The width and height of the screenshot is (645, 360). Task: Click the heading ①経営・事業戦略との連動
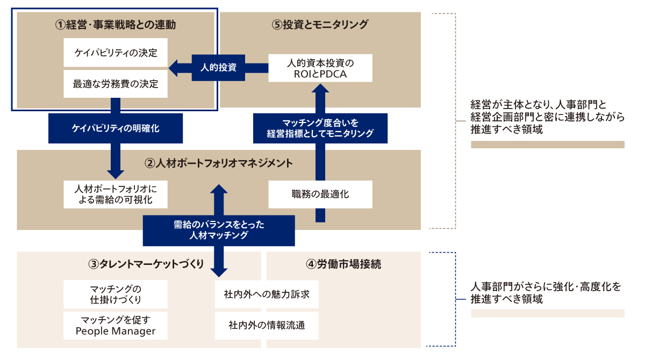pyautogui.click(x=116, y=24)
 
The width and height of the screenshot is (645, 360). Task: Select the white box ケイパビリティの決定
pyautogui.click(x=116, y=53)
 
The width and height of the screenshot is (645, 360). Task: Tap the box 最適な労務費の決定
pyautogui.click(x=116, y=84)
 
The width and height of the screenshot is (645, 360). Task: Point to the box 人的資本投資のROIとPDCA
pyautogui.click(x=321, y=68)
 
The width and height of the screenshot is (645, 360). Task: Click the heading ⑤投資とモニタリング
pyautogui.click(x=320, y=24)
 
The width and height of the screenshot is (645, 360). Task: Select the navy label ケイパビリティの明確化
pyautogui.click(x=116, y=128)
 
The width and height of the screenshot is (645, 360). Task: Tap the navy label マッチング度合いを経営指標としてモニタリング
pyautogui.click(x=320, y=128)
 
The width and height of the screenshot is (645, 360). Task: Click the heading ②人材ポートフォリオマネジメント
pyautogui.click(x=218, y=162)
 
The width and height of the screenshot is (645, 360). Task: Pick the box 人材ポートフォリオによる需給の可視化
pyautogui.click(x=116, y=194)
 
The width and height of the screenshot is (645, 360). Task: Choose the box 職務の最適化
pyautogui.click(x=320, y=194)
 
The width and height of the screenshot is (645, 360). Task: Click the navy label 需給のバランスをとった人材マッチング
pyautogui.click(x=218, y=230)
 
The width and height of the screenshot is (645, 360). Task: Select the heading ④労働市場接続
pyautogui.click(x=344, y=264)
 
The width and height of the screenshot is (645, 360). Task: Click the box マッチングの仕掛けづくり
pyautogui.click(x=116, y=294)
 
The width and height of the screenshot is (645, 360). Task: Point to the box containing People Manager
pyautogui.click(x=116, y=325)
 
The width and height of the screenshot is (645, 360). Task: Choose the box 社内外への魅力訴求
pyautogui.click(x=267, y=294)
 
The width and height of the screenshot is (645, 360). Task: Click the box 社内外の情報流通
pyautogui.click(x=267, y=325)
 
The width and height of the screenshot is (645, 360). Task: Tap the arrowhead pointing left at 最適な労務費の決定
pyautogui.click(x=174, y=68)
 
